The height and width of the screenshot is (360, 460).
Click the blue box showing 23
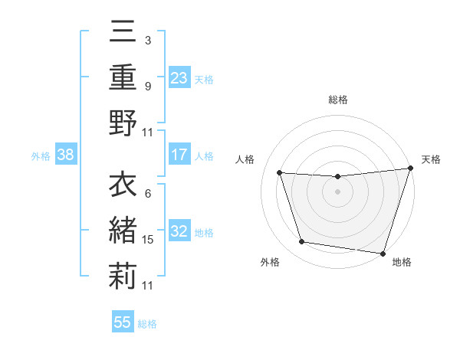pos(179,77)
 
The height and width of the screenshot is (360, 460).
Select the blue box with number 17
pos(179,155)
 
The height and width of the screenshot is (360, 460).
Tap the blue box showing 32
pos(179,231)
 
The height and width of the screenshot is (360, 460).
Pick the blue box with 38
pos(65,155)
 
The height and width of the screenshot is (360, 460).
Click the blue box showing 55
pos(123,322)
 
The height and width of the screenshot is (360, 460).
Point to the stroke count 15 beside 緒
pos(148,240)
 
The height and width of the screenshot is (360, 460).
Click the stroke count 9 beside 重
pos(147,86)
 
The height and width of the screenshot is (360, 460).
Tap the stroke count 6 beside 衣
pos(147,195)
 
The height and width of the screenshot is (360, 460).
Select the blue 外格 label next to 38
pos(41,156)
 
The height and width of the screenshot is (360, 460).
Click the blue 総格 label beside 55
pos(147,324)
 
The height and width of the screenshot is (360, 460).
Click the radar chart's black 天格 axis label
pos(431,159)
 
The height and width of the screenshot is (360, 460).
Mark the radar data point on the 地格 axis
pos(383,252)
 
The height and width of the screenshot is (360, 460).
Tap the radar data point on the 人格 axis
pos(280,173)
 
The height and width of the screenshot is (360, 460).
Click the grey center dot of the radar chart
pos(337,191)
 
